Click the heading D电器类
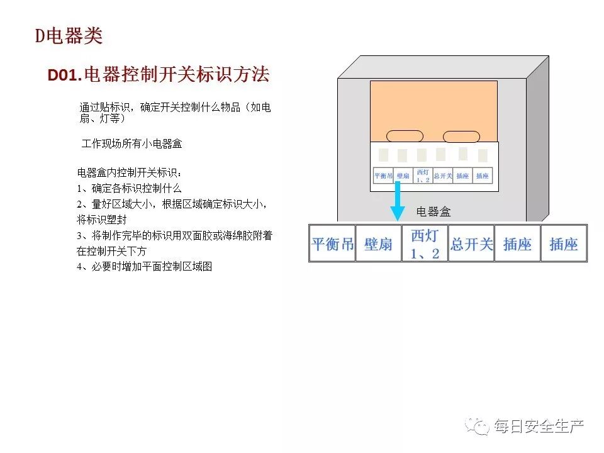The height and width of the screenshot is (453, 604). [x=68, y=36]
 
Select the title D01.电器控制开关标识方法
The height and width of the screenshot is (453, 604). [x=159, y=75]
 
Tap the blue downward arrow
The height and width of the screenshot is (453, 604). [x=397, y=201]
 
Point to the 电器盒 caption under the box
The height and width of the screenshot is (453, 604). [x=433, y=212]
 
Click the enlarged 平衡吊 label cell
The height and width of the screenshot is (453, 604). [x=332, y=243]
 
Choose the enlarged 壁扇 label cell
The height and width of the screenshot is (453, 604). [x=378, y=243]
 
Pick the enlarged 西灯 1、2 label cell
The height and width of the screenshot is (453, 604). [x=425, y=243]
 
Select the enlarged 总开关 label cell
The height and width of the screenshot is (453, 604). [x=471, y=243]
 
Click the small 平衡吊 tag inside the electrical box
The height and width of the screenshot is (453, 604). [x=383, y=176]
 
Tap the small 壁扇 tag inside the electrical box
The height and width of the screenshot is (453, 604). [x=403, y=176]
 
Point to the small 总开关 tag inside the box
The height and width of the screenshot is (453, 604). [x=443, y=176]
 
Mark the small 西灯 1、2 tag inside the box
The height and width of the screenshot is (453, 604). [x=423, y=176]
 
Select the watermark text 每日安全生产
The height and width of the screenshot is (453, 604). [x=539, y=427]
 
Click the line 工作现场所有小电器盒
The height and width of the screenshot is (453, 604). [x=131, y=144]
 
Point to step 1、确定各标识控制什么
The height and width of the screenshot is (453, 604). [x=129, y=188]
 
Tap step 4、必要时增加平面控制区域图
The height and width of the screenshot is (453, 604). [x=145, y=266]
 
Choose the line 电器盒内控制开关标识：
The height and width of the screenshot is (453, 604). [x=129, y=172]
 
